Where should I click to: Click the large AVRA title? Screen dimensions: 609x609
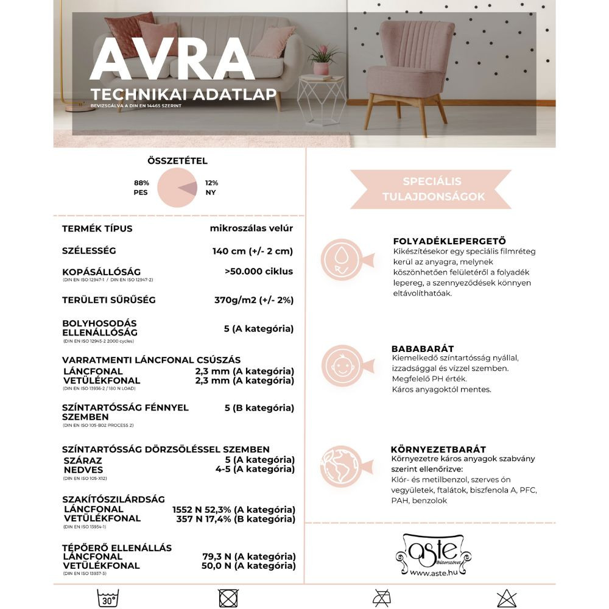tap(172, 59)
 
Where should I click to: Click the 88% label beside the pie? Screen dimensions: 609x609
tap(142, 182)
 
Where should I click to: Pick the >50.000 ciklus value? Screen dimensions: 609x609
tap(258, 271)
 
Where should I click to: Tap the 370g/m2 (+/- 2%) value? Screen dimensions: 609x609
tap(253, 300)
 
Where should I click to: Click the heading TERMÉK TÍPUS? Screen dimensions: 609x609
tap(97, 229)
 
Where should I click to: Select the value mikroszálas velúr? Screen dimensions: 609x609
tap(251, 228)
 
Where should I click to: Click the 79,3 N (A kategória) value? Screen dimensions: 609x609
tap(248, 557)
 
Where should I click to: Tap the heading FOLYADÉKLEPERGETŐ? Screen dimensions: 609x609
tap(449, 241)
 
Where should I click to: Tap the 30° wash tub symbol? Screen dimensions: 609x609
tap(108, 599)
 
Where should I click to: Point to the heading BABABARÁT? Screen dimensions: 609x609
tap(423, 349)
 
